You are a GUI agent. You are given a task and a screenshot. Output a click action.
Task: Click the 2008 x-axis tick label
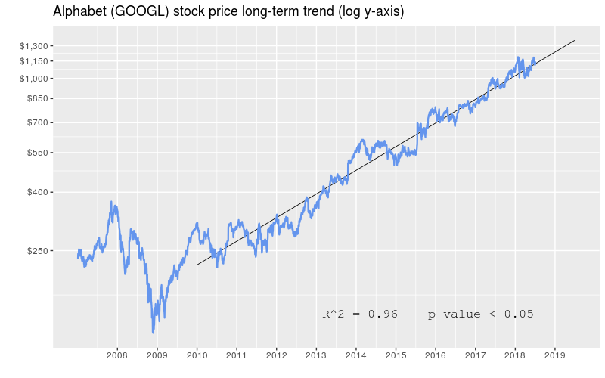click(117, 355)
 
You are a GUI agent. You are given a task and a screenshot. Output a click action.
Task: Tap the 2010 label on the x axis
click(197, 355)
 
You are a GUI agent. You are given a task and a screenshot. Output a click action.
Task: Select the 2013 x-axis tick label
click(316, 355)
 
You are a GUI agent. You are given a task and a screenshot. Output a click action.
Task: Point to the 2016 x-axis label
click(436, 355)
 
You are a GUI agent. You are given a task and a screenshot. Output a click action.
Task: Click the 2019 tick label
click(555, 355)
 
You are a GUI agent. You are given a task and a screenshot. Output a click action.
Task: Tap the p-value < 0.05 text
click(481, 314)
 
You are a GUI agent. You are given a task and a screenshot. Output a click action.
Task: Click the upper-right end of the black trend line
click(575, 40)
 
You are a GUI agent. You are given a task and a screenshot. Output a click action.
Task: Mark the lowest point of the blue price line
click(154, 332)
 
